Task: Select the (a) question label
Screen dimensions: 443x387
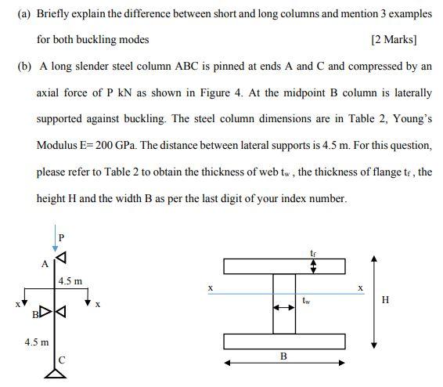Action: (x=23, y=14)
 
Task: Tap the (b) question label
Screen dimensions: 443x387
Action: (x=23, y=66)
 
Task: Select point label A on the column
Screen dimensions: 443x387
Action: (x=45, y=263)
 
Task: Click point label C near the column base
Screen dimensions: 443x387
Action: (x=63, y=360)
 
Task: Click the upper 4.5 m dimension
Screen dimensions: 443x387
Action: (x=70, y=280)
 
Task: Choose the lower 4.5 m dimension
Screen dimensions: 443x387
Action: (x=37, y=342)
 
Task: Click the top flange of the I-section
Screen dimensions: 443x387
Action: (x=284, y=266)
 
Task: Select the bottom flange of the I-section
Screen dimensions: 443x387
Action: (x=284, y=342)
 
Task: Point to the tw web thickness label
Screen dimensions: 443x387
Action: (x=307, y=300)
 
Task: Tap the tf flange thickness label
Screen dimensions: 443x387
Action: (x=314, y=252)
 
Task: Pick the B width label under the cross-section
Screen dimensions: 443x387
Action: (x=284, y=356)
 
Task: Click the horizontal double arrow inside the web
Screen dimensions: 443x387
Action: (x=284, y=307)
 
